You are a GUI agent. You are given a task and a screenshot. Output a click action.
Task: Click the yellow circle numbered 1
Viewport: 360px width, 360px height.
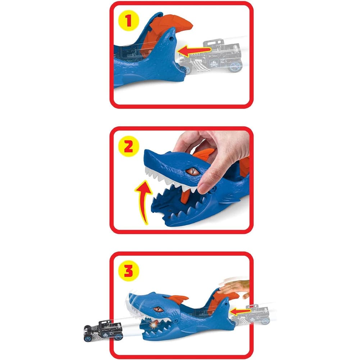tap(129, 20)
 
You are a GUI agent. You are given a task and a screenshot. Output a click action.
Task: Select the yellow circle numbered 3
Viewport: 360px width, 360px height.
tap(129, 271)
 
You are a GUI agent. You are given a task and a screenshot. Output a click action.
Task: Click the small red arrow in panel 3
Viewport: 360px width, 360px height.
tap(240, 312)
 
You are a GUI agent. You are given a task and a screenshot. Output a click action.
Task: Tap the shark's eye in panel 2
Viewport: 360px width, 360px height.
tap(192, 171)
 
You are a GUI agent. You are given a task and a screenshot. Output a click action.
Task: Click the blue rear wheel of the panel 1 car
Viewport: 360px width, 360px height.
tap(235, 67)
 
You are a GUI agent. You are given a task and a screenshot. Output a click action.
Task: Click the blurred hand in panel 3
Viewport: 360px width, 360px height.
tap(234, 287)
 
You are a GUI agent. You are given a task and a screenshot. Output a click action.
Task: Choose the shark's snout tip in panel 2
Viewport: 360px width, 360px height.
tap(145, 153)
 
